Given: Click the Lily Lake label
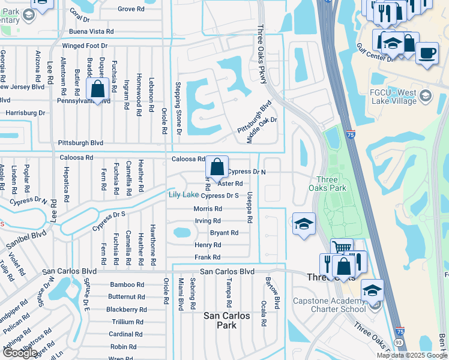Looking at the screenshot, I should click(x=183, y=195).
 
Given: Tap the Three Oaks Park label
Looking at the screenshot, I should click(x=332, y=184).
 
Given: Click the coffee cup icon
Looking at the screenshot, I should click(x=427, y=53).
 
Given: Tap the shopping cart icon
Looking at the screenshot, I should click(x=342, y=247).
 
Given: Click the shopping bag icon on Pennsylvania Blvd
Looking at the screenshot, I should click(x=97, y=89).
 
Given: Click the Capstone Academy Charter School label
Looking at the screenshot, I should click(x=329, y=305).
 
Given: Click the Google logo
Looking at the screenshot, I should click(x=20, y=352).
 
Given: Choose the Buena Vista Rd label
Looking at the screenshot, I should click(x=91, y=31).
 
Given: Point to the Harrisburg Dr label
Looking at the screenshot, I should click(x=25, y=112).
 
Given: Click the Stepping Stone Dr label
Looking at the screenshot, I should click(x=178, y=108).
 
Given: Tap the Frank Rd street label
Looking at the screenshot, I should click(x=208, y=257).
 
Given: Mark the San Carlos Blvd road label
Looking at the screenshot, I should click(x=228, y=272).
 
